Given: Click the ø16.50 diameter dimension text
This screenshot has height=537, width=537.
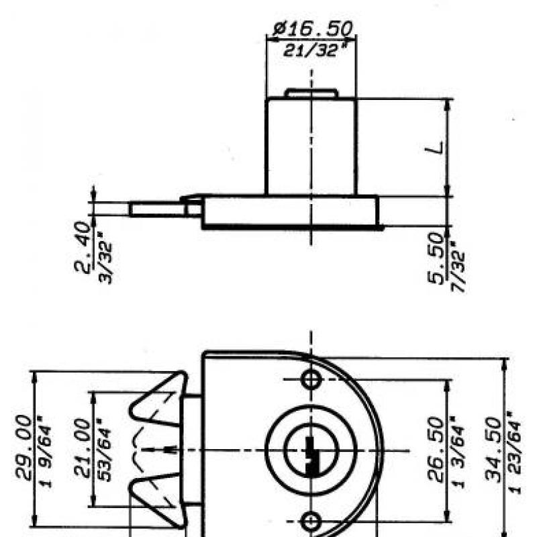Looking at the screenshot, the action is tap(313, 29).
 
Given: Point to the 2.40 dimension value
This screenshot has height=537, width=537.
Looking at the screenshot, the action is tap(83, 246).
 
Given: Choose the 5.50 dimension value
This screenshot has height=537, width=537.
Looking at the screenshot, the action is tap(436, 258).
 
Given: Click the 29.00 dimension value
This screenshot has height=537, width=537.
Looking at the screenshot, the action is tap(24, 446).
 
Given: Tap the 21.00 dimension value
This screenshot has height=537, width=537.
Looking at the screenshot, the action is tap(83, 448).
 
